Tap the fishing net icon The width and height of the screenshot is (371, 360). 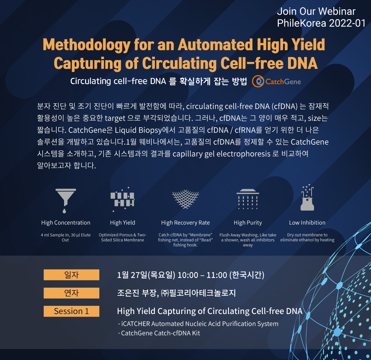tap(185, 199)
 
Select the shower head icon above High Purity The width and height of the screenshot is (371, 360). tap(248, 199)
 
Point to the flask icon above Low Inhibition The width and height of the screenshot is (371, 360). tap(307, 197)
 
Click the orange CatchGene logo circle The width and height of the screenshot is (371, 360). tap(258, 82)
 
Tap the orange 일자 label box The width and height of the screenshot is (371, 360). tap(72, 275)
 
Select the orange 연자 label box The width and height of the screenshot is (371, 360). tap(72, 293)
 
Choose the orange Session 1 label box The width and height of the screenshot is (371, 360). tap(72, 311)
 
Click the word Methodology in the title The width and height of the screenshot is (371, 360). tap(87, 45)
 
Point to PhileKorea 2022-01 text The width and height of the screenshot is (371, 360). tap(321, 23)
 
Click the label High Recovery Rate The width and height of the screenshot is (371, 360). tap(185, 223)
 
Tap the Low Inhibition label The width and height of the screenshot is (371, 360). tap(307, 223)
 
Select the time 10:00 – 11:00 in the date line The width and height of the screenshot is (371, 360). tap(202, 275)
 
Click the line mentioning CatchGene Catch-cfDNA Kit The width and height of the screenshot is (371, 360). tap(159, 333)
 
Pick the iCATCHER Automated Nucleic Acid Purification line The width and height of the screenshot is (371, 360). tap(198, 324)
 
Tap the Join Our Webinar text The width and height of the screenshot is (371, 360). tap(316, 11)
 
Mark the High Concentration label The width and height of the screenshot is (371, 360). tap(66, 223)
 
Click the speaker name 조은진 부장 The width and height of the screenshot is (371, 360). tap(137, 293)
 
